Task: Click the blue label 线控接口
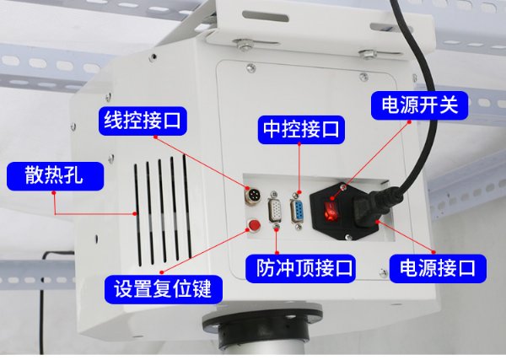click(x=143, y=121)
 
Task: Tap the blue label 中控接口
click(x=301, y=130)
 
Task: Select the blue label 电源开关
click(x=419, y=105)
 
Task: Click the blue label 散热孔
click(x=55, y=176)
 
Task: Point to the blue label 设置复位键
click(x=164, y=289)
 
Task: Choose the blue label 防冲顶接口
click(x=300, y=269)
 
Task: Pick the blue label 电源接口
click(x=438, y=269)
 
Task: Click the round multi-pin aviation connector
click(x=253, y=196)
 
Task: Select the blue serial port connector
click(x=297, y=211)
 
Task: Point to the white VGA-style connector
click(x=275, y=211)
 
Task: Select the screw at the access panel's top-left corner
click(x=250, y=68)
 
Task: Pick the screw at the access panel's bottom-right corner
click(x=383, y=273)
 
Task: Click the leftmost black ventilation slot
click(x=137, y=215)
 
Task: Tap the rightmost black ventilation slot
click(x=187, y=206)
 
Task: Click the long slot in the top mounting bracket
click(x=266, y=16)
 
